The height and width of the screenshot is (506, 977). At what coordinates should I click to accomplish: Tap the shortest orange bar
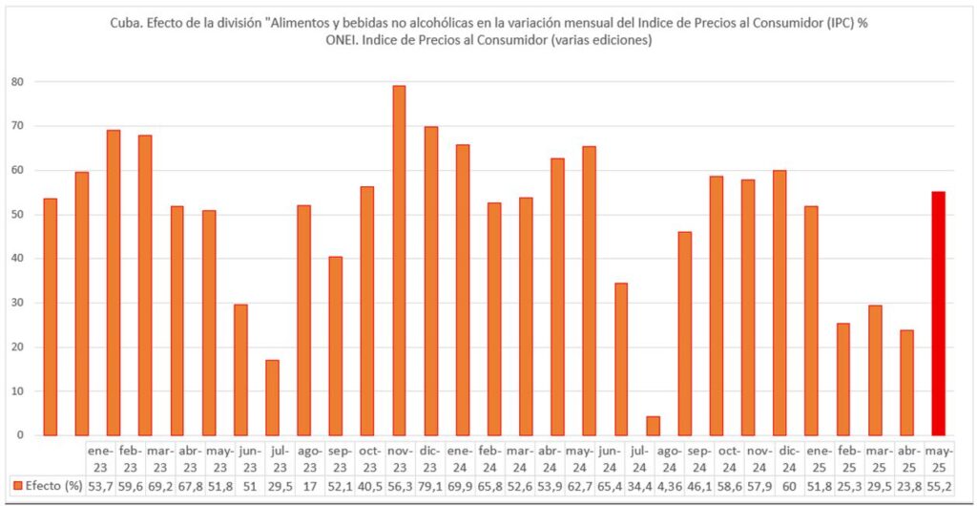pos(653,426)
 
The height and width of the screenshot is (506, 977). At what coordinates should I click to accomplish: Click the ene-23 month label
pos(101,455)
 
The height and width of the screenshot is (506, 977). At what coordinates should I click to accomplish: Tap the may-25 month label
pos(939,455)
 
